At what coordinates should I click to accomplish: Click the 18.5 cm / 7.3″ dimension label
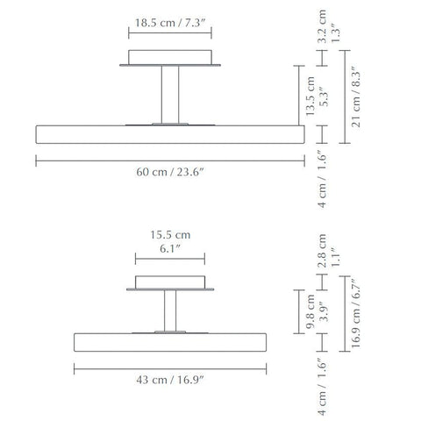(170, 23)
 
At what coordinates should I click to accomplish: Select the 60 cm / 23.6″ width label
(169, 172)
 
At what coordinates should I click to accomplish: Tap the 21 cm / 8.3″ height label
(356, 96)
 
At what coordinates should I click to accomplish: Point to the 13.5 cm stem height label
(310, 96)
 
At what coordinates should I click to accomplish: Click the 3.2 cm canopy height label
(322, 26)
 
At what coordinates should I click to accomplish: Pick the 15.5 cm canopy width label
(170, 235)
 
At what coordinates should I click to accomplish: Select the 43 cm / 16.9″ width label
(169, 380)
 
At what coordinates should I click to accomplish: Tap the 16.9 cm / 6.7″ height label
(356, 312)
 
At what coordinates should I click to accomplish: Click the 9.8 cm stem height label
(310, 311)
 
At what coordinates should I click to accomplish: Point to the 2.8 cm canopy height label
(322, 251)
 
